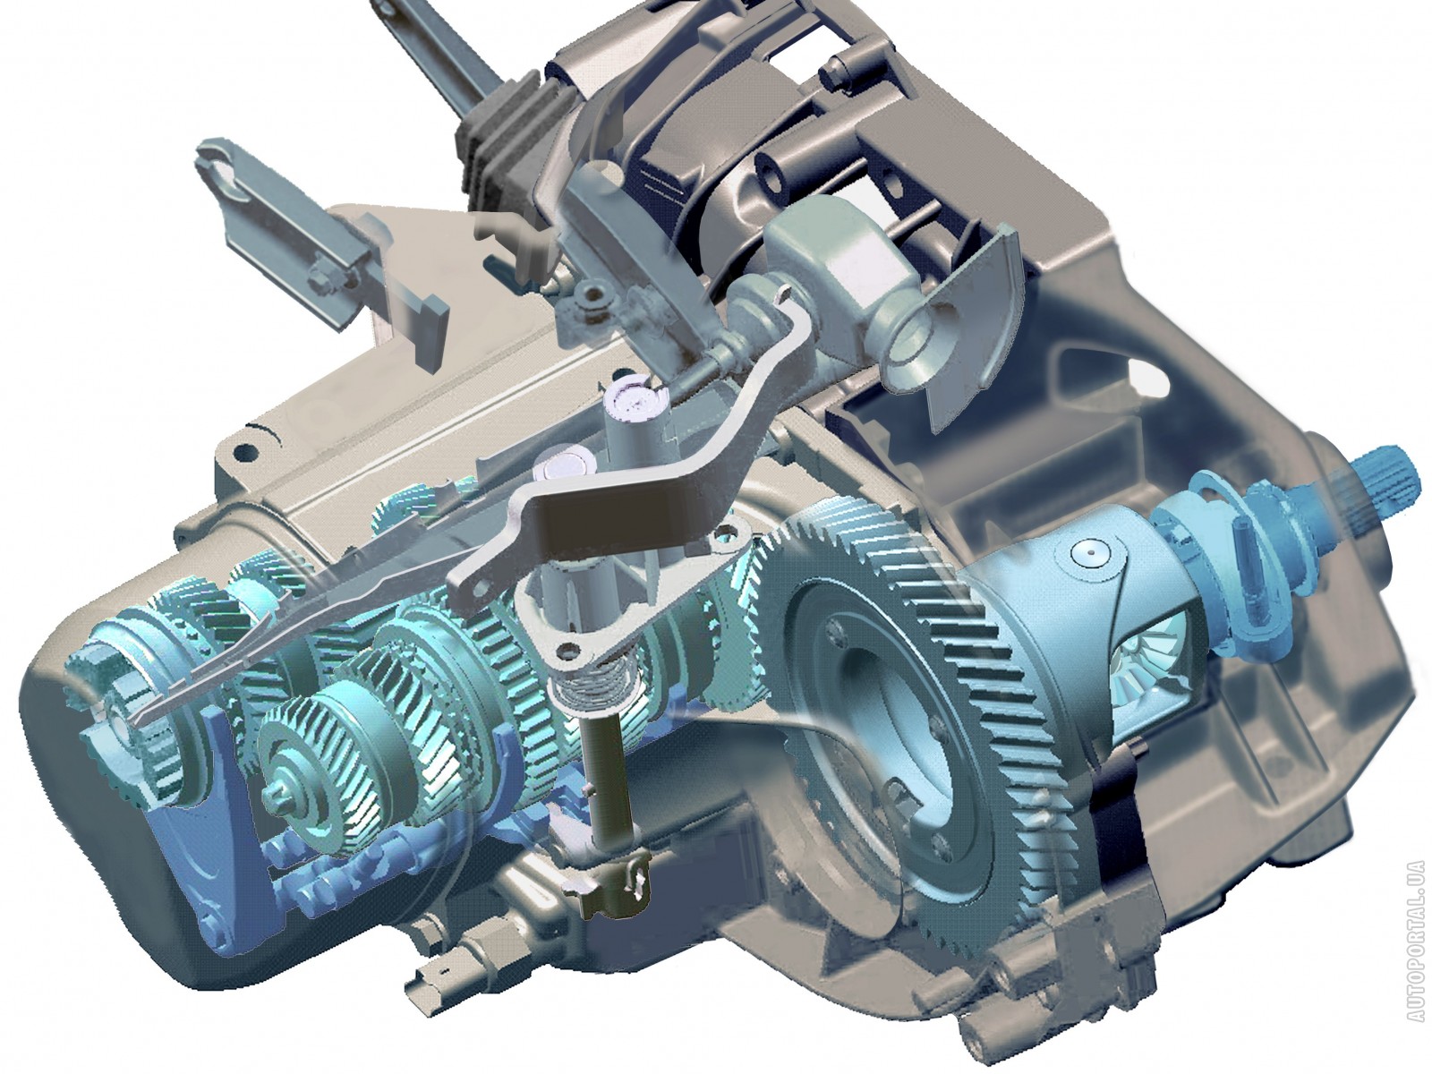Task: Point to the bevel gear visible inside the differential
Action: pyautogui.click(x=1149, y=659)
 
